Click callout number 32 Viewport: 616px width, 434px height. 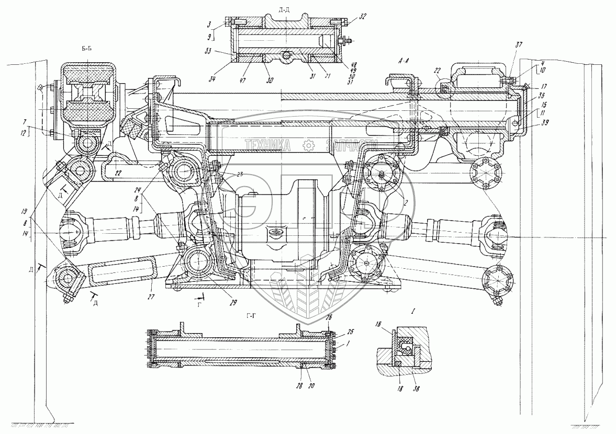click(363, 16)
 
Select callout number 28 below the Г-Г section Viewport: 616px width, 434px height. click(303, 386)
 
